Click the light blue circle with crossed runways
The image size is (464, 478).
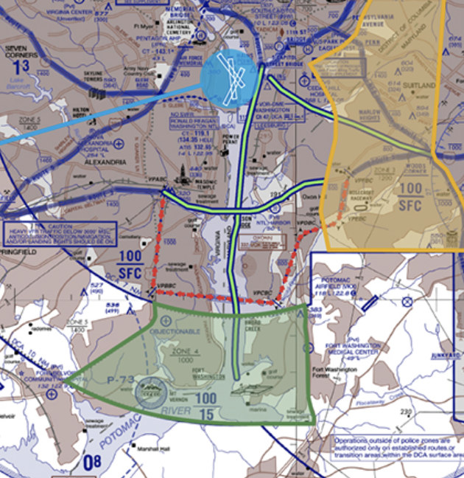(x=229, y=77)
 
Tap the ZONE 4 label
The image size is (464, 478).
(x=186, y=352)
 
